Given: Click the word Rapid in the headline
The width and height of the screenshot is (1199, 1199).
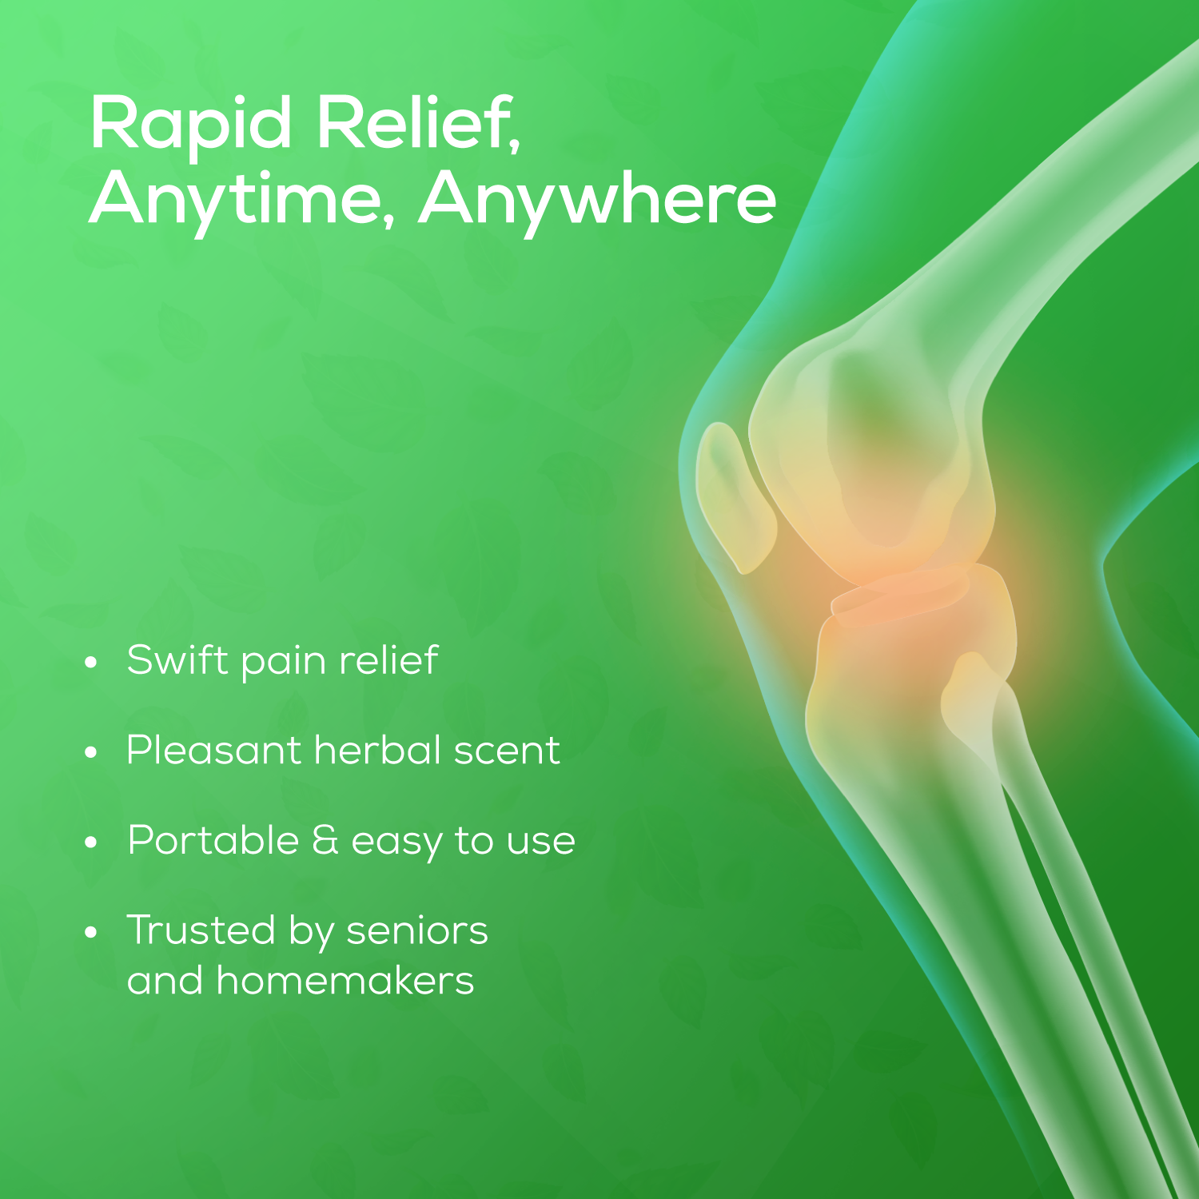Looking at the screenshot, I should (191, 124).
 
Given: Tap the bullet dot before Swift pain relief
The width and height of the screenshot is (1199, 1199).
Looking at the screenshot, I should (92, 663).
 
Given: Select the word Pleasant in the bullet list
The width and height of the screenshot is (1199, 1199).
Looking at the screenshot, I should (213, 751).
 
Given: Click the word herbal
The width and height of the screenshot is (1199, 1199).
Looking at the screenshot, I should (377, 751).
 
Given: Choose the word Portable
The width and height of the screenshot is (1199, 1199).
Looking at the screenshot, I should (213, 841).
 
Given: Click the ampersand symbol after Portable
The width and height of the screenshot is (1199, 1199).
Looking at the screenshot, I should (325, 841).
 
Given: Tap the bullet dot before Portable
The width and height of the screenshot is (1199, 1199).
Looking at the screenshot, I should (92, 842).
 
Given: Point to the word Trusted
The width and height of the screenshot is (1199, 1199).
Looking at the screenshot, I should (201, 930).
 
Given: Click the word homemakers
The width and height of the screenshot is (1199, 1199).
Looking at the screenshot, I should (345, 981).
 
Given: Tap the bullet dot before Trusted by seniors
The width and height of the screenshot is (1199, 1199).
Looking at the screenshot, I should (92, 932).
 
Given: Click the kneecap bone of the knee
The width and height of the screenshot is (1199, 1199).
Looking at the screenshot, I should (734, 496).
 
